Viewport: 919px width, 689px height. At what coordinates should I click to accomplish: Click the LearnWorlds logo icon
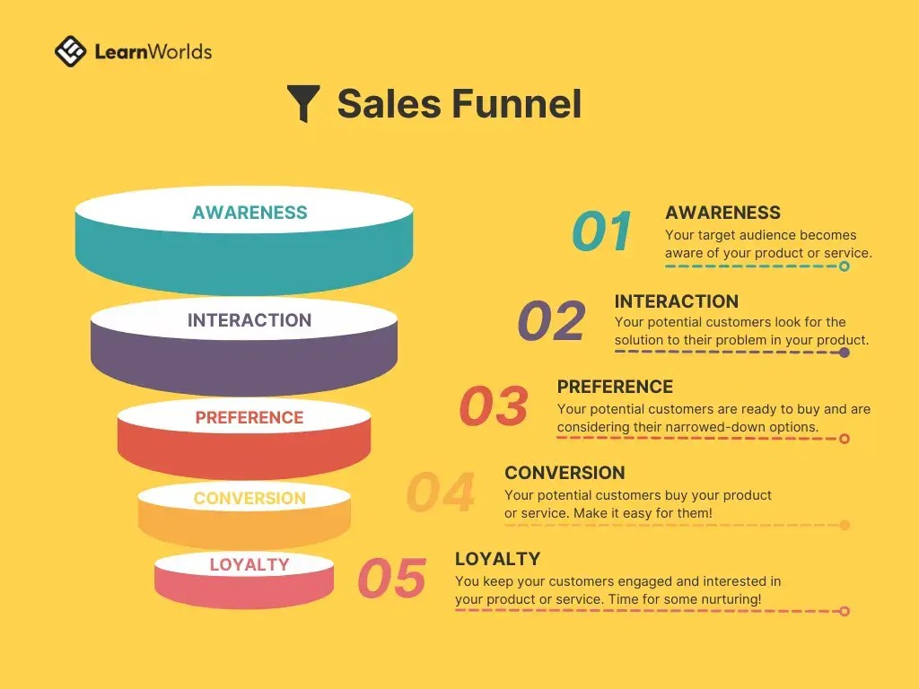coord(71,51)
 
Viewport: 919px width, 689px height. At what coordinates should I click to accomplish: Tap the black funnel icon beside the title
coord(303,103)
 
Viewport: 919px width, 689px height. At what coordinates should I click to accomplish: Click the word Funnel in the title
coord(516,104)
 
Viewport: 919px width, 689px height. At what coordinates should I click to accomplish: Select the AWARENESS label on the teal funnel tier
coord(249,213)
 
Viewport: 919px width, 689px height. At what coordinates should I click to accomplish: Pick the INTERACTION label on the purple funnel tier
coord(249,320)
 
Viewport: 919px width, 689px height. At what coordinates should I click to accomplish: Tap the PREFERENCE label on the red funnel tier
coord(249,418)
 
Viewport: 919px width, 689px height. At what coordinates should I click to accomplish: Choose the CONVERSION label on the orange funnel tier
coord(249,498)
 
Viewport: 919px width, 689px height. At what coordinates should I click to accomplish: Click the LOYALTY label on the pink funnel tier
coord(249,564)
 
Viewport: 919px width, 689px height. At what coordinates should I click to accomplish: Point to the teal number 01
coord(602,231)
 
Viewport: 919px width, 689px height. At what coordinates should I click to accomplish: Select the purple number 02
coord(552,321)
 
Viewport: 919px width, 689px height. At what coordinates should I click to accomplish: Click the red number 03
coord(494,406)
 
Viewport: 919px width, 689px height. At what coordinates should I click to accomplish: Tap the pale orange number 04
coord(441,492)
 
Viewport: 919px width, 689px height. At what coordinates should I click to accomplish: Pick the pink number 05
coord(391,578)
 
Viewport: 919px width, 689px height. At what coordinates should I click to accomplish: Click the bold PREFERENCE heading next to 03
coord(615,387)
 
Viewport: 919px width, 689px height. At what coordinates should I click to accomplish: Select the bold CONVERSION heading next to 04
coord(565,473)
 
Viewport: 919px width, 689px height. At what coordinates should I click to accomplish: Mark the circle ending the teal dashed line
coord(845,266)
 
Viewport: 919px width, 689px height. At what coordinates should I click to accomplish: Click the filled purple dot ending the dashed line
coord(845,353)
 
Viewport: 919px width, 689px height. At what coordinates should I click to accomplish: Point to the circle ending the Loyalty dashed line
coord(845,611)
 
